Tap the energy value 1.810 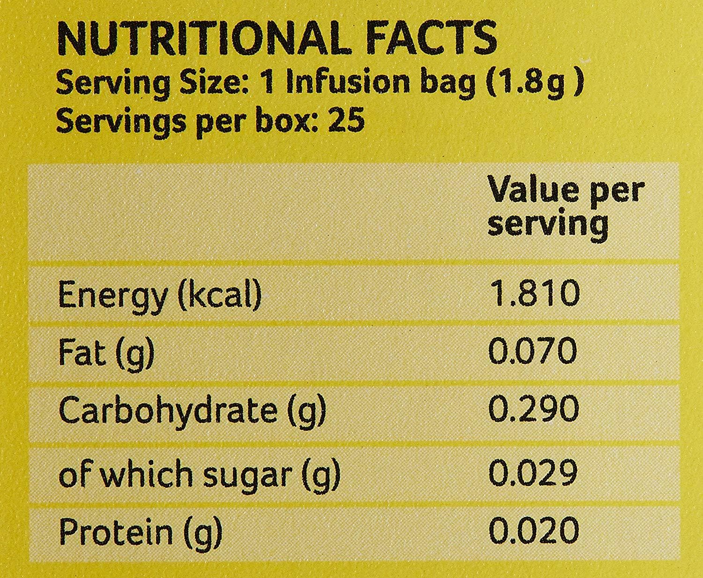click(534, 293)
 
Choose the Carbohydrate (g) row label click(192, 411)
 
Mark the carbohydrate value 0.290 click(534, 409)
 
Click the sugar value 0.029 click(533, 473)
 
